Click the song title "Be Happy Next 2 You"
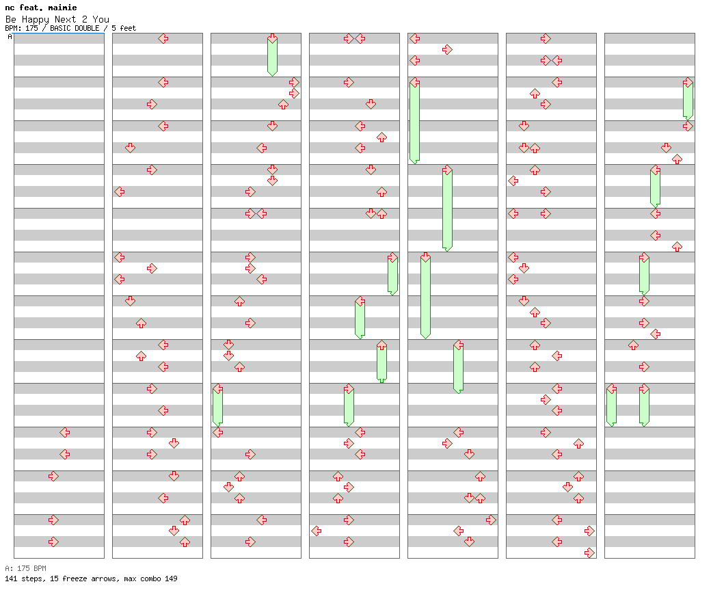point(57,19)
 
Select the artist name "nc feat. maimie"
point(40,8)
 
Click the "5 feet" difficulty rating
point(124,28)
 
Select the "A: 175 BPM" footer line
point(25,568)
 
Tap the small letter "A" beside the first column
point(10,37)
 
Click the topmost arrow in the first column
point(65,432)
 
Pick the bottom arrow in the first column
point(54,542)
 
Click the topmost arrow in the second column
point(163,38)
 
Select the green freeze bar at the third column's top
point(272,56)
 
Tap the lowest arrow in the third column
point(250,542)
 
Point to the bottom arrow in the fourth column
point(349,542)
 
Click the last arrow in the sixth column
point(589,553)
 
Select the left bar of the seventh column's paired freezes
point(611,405)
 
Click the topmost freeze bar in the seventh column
point(688,99)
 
